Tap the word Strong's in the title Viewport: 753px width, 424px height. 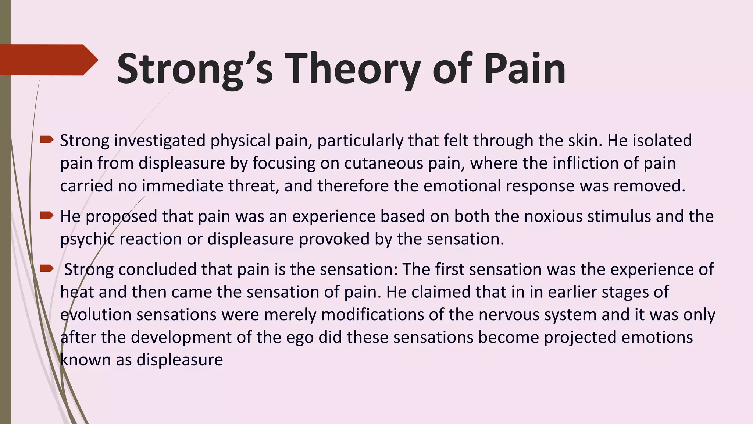click(195, 69)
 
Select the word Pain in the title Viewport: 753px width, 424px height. click(525, 69)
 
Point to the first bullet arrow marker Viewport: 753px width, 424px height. click(47, 139)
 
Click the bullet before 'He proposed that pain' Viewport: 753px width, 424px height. click(47, 215)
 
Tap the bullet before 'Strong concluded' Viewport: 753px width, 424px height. click(47, 268)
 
